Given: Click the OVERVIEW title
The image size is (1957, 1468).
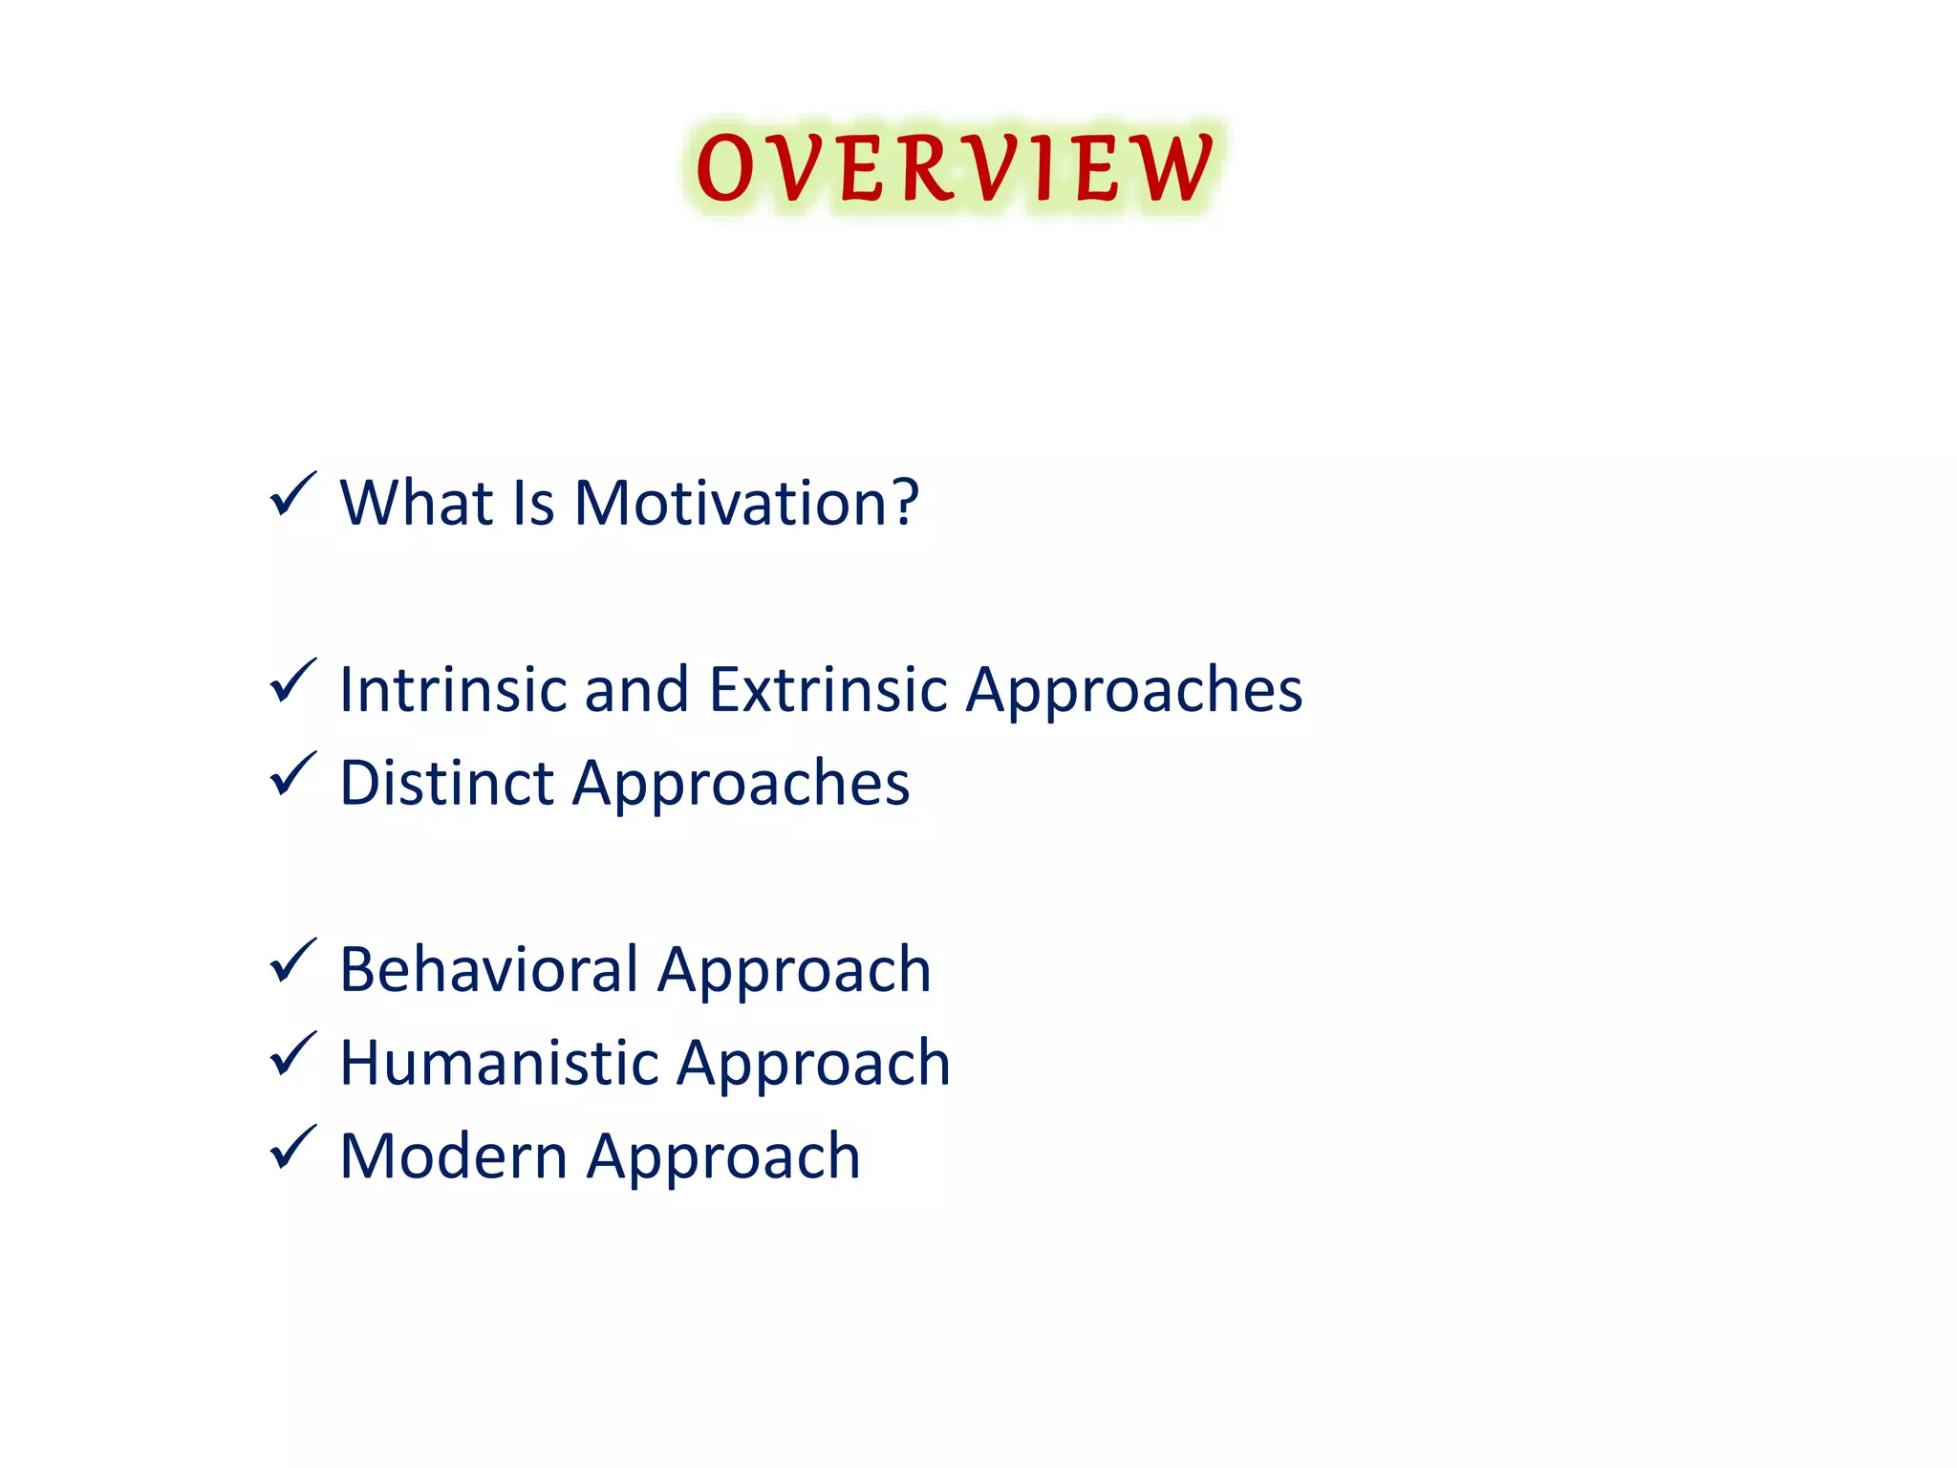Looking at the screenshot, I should tap(954, 168).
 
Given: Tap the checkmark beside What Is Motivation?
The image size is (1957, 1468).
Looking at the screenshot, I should tap(291, 495).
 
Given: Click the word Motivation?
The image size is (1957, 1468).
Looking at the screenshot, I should tap(745, 503).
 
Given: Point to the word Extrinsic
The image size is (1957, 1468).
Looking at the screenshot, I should tap(828, 689).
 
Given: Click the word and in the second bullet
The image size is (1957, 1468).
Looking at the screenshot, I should tap(635, 689).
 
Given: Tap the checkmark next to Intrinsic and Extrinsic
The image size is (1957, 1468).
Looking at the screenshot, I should tap(291, 681).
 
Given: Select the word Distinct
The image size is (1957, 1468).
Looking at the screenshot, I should tap(446, 783).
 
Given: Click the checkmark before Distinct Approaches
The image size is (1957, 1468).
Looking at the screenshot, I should tap(291, 774).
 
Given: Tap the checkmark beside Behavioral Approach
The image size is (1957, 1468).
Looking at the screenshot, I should tap(291, 961).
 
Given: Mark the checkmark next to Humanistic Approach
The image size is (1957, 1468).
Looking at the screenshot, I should tap(291, 1054).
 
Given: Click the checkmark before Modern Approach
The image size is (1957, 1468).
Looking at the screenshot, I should tap(291, 1148).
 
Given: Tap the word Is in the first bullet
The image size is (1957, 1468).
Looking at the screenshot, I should tap(532, 503).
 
